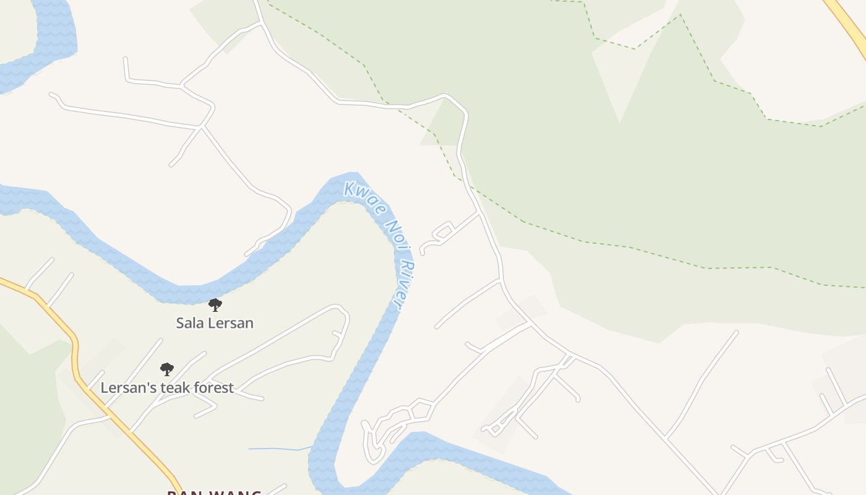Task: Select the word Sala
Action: tap(189, 323)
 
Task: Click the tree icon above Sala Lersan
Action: tap(215, 304)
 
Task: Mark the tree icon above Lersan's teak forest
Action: tap(166, 369)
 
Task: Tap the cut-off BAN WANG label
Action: tap(214, 492)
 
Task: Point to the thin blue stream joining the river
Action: tap(278, 448)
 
